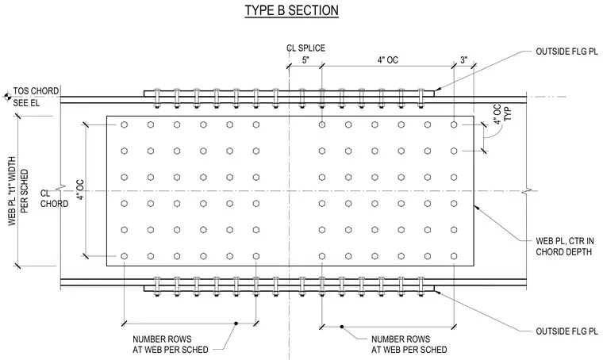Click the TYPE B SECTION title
(x=292, y=10)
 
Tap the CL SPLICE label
(x=305, y=48)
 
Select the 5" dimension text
(x=305, y=60)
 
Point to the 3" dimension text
(x=464, y=60)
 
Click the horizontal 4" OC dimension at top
(x=388, y=60)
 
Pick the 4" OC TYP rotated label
(x=502, y=114)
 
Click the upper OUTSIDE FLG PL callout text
(x=567, y=52)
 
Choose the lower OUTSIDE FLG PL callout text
(x=567, y=331)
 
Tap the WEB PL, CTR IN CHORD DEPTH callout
(x=565, y=247)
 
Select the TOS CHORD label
(x=36, y=91)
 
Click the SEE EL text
(x=26, y=103)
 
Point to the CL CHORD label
(x=54, y=198)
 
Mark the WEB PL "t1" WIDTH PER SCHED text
(x=18, y=191)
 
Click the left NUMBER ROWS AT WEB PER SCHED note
(x=171, y=344)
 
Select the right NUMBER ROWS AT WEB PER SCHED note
(x=409, y=344)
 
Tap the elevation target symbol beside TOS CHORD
(x=6, y=97)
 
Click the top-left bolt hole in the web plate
(x=125, y=124)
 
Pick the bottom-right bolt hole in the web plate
(x=454, y=256)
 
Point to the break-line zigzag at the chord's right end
(x=527, y=190)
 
